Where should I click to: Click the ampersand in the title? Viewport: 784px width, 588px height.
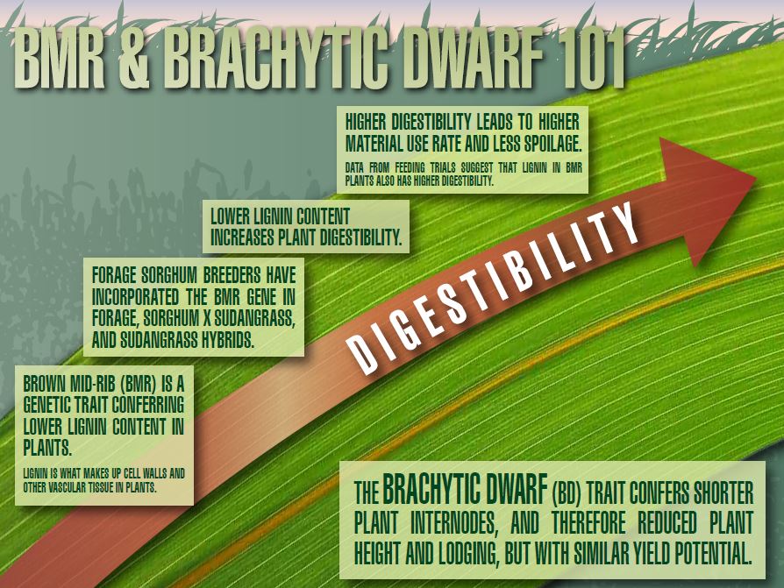[x=134, y=58]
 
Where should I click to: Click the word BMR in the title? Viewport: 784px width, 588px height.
[x=59, y=58]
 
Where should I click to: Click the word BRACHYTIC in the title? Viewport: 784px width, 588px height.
[x=276, y=58]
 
